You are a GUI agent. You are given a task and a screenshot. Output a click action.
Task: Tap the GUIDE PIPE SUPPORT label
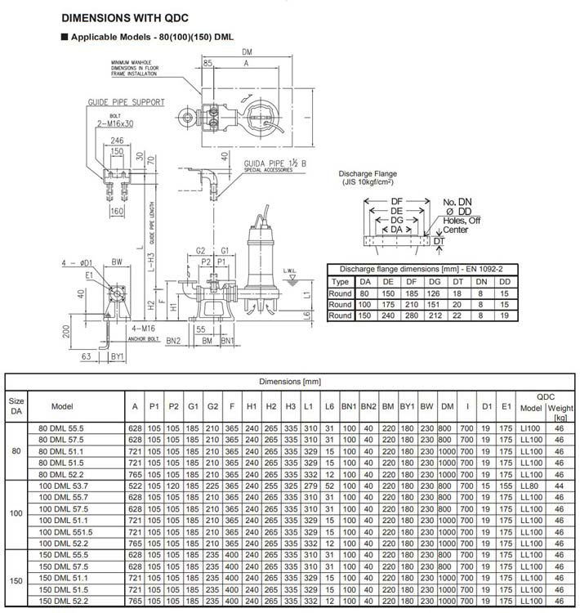[127, 102]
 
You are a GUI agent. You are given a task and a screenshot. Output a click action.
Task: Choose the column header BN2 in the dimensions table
[369, 406]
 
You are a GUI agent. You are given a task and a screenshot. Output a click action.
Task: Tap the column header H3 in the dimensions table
[290, 406]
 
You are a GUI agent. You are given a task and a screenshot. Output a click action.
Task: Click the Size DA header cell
[16, 406]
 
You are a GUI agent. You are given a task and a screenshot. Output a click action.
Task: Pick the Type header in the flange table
[341, 280]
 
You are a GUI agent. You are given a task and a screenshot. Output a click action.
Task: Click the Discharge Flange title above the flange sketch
[368, 174]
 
